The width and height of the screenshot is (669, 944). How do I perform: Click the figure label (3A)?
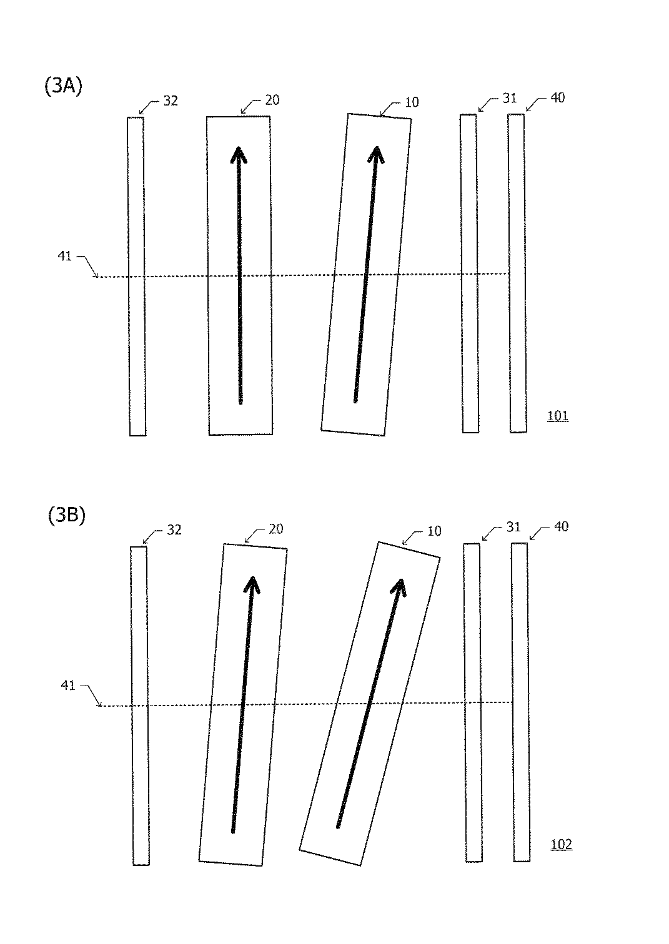(x=63, y=87)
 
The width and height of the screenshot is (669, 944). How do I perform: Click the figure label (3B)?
(x=66, y=516)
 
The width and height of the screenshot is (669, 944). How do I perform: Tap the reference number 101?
(x=558, y=416)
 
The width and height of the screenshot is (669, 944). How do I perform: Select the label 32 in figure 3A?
(x=171, y=101)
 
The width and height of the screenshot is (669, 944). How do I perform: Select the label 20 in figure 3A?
(x=272, y=100)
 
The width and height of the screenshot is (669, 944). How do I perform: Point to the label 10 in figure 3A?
(x=412, y=102)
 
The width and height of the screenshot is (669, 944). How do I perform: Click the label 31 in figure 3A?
(x=510, y=99)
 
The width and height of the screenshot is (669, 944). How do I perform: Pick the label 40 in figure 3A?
(x=557, y=98)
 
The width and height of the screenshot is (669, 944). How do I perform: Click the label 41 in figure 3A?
(x=64, y=256)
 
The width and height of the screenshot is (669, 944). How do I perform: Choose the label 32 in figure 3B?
(x=174, y=529)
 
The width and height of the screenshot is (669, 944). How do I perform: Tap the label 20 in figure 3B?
(x=275, y=529)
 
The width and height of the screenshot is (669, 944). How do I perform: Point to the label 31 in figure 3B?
(x=513, y=528)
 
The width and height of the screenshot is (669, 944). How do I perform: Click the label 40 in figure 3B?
(x=561, y=527)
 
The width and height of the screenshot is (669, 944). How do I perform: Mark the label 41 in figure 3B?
(x=68, y=686)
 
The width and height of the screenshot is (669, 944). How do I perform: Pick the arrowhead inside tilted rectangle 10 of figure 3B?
(x=400, y=586)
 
